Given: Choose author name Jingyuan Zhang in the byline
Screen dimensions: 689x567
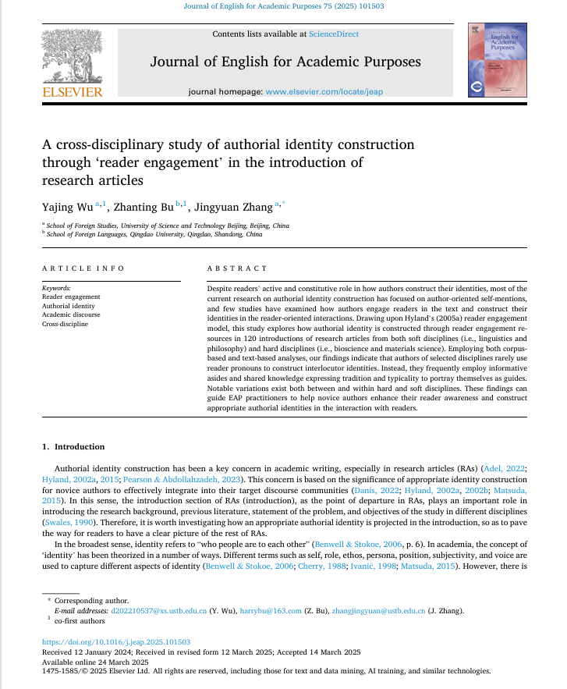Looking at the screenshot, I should tap(232, 206).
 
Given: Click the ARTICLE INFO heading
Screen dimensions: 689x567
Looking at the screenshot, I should tap(83, 268).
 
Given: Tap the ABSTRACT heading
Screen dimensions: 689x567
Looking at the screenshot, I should tap(237, 268).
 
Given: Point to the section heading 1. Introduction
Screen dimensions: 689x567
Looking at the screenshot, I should tap(73, 447).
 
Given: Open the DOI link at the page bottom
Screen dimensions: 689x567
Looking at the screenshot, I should tap(115, 642).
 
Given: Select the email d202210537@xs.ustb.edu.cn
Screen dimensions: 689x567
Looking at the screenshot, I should tap(162, 611).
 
